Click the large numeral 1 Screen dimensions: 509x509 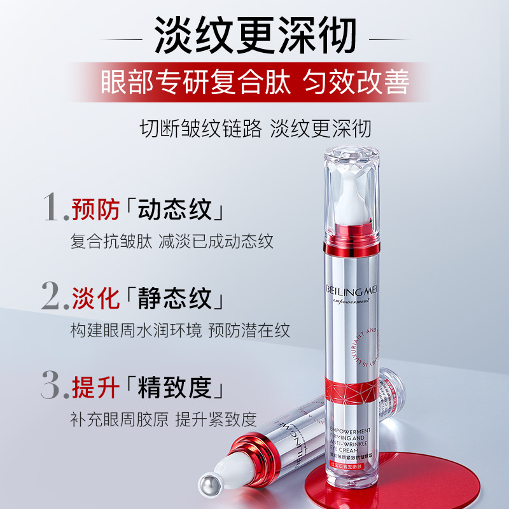[x=52, y=206]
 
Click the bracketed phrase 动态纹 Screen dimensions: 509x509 [x=176, y=209]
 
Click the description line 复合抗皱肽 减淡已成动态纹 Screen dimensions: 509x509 [x=172, y=242]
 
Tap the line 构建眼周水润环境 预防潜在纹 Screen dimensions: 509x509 [x=180, y=331]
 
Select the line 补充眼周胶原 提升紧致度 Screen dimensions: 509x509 [x=164, y=419]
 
